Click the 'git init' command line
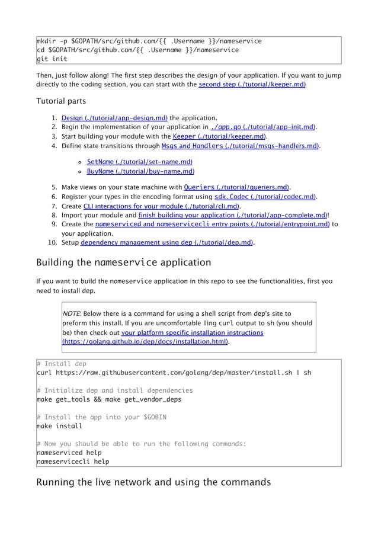coord(52,59)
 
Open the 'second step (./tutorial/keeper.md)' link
coord(252,85)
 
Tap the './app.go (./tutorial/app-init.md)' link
coord(263,126)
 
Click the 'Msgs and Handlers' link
coord(240,145)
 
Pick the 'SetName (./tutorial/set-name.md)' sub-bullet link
coord(139,162)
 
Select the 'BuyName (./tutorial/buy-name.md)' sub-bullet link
coord(140,171)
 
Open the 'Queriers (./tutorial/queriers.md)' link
coord(236,188)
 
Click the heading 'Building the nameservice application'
coord(123,262)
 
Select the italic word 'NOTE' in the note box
coord(72,313)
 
